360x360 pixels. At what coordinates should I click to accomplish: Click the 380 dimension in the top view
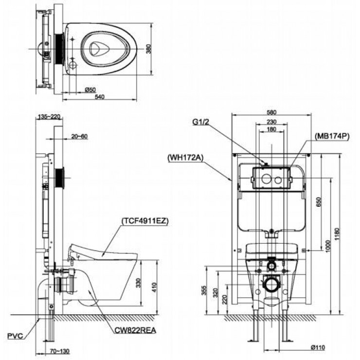[148, 48]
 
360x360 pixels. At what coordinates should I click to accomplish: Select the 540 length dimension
[100, 97]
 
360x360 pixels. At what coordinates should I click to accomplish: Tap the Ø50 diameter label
[90, 90]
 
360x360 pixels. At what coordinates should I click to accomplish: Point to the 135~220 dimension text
[49, 117]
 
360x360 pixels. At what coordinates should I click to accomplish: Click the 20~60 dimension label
[78, 136]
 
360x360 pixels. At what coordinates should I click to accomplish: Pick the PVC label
[15, 336]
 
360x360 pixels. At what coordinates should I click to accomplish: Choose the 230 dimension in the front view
[271, 122]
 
